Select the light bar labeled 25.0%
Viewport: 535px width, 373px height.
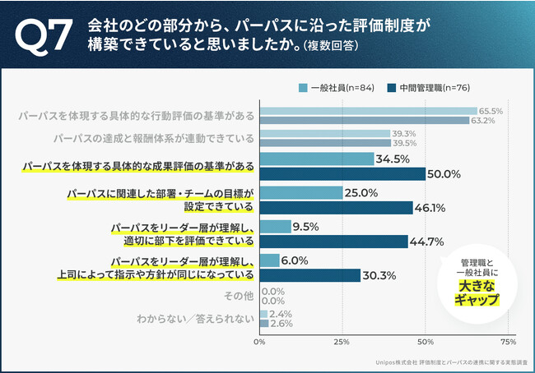coord(301,193)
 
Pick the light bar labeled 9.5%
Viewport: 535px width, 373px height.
coord(276,227)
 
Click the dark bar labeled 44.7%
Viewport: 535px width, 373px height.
coord(333,242)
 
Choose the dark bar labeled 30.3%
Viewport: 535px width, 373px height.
coord(309,275)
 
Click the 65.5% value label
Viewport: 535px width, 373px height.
coord(491,111)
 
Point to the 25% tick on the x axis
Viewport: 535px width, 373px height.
coord(342,340)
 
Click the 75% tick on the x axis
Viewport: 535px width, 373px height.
coord(508,340)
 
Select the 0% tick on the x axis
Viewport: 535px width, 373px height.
coord(260,340)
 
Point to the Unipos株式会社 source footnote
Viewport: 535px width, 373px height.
coord(444,359)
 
